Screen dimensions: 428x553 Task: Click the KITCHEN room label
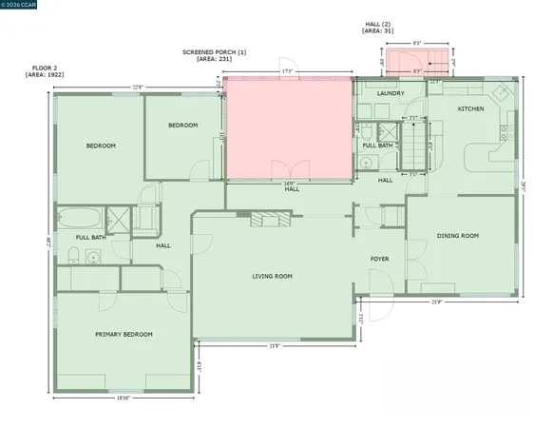pos(471,109)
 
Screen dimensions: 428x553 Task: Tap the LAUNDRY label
pos(391,93)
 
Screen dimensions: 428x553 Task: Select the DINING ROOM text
pos(457,235)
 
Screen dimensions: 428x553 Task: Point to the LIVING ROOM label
pos(272,277)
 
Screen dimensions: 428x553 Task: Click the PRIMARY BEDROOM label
pos(124,334)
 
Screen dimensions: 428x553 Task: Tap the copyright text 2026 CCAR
pos(20,5)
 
